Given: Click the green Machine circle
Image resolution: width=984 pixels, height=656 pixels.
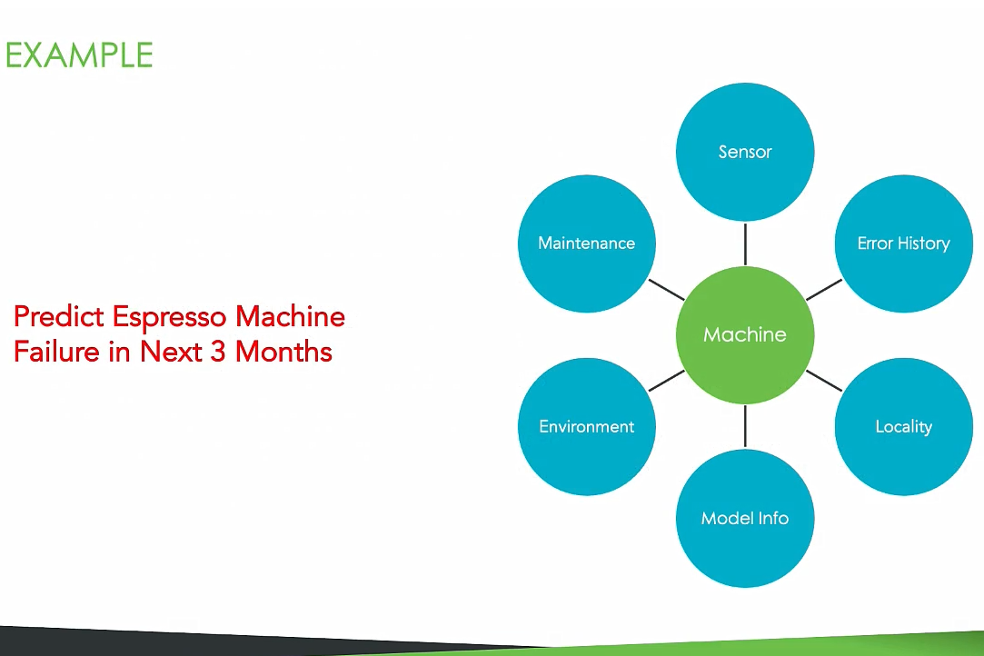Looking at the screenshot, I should point(745,334).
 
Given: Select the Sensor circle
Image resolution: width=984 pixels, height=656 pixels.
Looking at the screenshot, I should point(745,152).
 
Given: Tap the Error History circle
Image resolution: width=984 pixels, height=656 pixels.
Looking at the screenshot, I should point(903,244).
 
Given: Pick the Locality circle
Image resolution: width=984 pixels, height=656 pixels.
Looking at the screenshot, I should point(903,426).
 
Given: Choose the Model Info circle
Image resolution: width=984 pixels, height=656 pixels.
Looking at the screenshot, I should point(745,518).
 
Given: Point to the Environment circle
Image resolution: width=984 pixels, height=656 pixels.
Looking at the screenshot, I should point(587,426).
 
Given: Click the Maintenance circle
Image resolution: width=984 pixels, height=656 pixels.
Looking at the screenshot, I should point(587,244).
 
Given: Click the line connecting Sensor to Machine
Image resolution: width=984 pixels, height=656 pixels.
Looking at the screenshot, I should point(745,244).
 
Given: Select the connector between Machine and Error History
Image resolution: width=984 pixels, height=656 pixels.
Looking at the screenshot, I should point(824,289).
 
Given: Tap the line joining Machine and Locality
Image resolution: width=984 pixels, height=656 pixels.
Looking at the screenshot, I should point(824,380).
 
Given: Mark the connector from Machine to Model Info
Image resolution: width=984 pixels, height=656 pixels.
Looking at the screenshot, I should point(745,426).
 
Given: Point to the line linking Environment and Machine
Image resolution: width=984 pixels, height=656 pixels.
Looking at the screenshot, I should point(666,381).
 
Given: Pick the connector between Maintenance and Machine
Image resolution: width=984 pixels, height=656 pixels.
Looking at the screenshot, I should point(666,289).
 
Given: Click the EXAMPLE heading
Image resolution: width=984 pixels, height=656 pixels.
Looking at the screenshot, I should point(78,55).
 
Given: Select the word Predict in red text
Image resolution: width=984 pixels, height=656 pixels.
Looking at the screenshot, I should point(60,317).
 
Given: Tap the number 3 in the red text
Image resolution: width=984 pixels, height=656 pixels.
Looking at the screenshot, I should point(217,352).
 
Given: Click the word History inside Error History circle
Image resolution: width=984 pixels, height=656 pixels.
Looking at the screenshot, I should point(923,244).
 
